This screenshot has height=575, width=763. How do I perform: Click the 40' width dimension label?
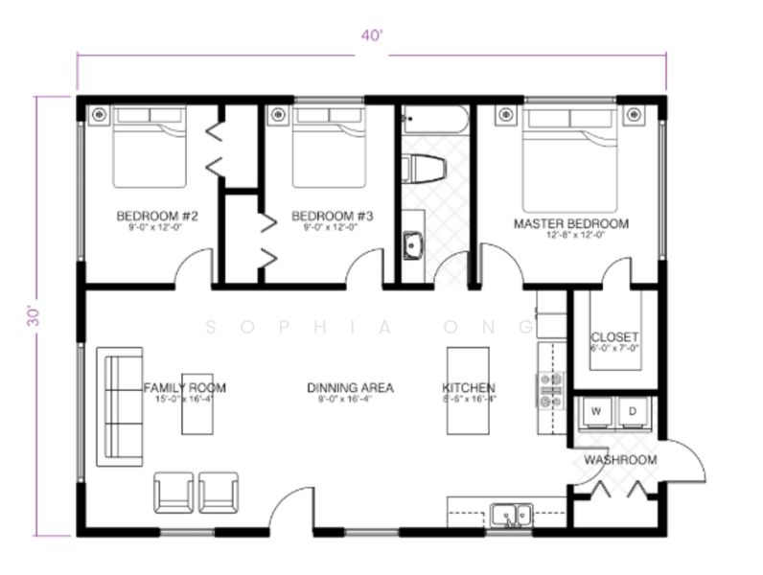point(371,36)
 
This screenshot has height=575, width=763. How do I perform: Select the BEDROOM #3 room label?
point(325,215)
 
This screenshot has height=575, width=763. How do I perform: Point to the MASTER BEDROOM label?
point(571,223)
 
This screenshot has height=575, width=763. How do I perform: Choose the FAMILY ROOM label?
point(185,387)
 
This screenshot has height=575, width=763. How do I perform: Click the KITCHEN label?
point(469,387)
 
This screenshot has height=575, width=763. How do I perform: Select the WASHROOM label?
point(620,460)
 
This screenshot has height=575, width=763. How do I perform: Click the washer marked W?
point(596,412)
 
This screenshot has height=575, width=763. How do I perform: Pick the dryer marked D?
point(633,412)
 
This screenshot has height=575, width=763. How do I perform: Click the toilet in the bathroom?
point(422,169)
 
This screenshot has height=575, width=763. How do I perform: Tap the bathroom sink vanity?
point(412,245)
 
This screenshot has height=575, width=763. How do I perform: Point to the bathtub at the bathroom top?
point(434,122)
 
